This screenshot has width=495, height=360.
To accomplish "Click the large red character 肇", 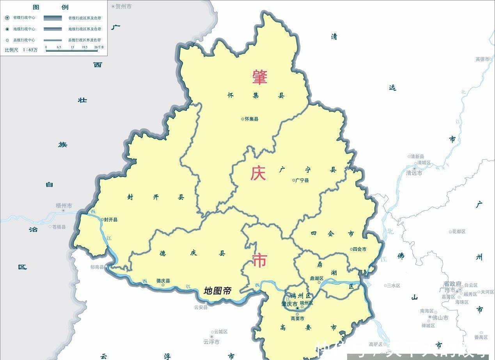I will click(259, 77).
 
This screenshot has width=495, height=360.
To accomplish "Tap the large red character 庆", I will click(258, 173).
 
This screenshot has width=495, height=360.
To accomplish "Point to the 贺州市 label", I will click(124, 7).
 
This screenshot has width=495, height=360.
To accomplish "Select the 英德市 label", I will click(482, 59).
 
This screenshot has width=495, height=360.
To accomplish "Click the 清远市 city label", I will click(414, 173).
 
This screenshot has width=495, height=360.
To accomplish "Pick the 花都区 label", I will click(459, 232).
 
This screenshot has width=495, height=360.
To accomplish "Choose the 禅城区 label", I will click(428, 325).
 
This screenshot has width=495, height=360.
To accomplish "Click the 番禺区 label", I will click(481, 337).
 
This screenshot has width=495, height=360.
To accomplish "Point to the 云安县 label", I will click(201, 307).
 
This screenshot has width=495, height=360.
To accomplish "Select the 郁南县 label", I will click(97, 267).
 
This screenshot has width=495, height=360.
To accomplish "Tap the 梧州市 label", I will click(64, 205).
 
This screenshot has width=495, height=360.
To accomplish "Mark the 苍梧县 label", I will click(59, 227).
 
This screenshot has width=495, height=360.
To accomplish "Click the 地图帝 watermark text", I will click(218, 291).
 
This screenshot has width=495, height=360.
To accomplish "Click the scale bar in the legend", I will click(71, 50).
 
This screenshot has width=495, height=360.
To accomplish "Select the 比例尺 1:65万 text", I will click(21, 50).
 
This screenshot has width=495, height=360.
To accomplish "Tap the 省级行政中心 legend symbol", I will click(7, 18).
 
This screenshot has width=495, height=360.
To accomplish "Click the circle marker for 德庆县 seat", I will click(163, 285).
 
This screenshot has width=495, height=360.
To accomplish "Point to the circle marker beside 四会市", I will click(351, 249).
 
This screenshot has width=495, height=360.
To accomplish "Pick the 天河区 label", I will click(487, 292).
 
